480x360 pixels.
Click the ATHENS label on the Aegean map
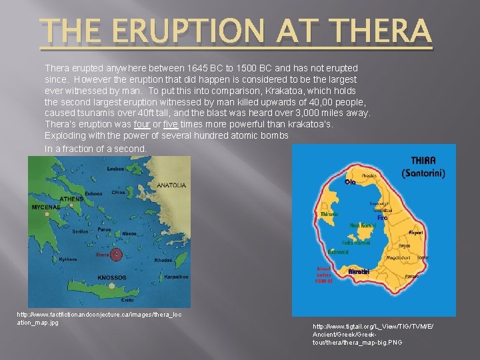pos(71,199)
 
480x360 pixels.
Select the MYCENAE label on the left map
pos(46,207)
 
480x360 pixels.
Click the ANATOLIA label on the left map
pos(171,185)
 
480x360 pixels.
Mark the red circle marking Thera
pos(117,254)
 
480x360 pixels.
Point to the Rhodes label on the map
pos(163,260)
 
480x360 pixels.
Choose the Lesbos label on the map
pos(117,169)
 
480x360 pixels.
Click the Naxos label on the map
pos(129,234)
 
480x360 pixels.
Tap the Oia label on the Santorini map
pos(350,181)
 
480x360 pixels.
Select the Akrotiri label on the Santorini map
pos(360,272)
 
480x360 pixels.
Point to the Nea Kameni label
pos(363,227)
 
